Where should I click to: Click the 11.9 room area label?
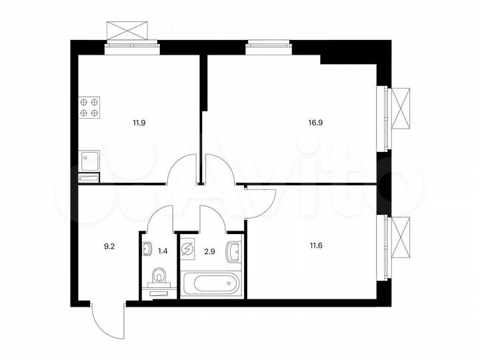(139, 123)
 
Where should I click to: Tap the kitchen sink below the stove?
(89, 161)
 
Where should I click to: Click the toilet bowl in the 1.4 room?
(159, 277)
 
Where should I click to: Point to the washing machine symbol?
(187, 250)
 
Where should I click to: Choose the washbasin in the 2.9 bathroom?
(234, 252)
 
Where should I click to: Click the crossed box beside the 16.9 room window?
(401, 108)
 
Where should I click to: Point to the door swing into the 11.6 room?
(261, 203)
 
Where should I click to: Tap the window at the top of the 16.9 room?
(268, 45)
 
